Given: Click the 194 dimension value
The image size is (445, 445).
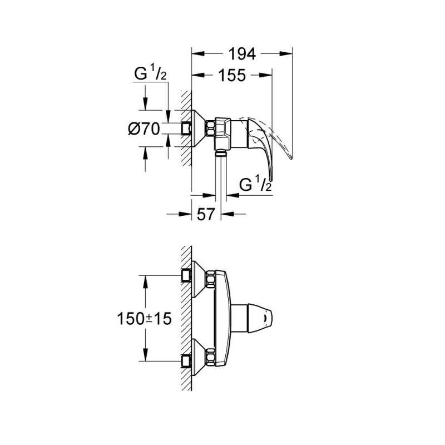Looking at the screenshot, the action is point(242,54).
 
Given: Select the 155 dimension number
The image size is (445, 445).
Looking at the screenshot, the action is point(232,75).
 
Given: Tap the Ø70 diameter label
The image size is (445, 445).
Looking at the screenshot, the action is point(144,129).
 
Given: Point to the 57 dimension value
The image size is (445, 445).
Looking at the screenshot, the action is point(205,214).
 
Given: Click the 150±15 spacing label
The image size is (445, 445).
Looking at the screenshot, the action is point(145,319).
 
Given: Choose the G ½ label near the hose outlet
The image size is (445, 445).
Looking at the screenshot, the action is point(255,184).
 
